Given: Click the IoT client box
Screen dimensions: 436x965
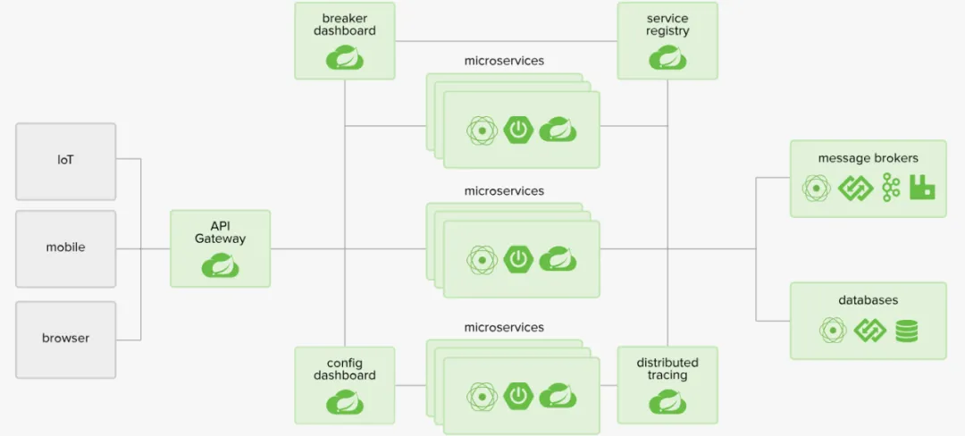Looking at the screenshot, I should (x=65, y=161).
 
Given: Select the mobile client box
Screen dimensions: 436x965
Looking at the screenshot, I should (x=65, y=248).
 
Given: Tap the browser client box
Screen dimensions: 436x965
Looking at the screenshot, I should (x=65, y=338).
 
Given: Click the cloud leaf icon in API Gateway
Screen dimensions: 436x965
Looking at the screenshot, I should (x=220, y=265).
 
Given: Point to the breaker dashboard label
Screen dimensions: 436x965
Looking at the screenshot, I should (x=344, y=24).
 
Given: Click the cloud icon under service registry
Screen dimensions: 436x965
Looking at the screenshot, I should (x=667, y=58).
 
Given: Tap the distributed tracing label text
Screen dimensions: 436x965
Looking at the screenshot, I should (x=667, y=368).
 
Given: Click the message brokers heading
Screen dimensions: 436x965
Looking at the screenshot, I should (x=868, y=158).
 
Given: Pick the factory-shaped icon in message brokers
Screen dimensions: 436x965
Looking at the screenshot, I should (x=922, y=187).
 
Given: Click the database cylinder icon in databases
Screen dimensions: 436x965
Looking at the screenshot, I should (x=906, y=331).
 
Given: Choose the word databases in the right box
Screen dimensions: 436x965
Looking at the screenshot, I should (x=868, y=300).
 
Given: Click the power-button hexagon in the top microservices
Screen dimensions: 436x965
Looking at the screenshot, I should (x=518, y=130).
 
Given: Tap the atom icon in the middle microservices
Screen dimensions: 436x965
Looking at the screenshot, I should (x=482, y=259).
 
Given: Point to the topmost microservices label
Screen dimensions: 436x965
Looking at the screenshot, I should (x=504, y=61).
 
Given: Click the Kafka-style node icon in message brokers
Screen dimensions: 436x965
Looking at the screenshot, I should (x=890, y=187).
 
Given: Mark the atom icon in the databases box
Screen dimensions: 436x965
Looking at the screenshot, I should (x=833, y=331).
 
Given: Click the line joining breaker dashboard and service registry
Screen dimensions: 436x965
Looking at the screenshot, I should (x=506, y=39).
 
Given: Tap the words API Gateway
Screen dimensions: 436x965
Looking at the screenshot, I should (x=220, y=232).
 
